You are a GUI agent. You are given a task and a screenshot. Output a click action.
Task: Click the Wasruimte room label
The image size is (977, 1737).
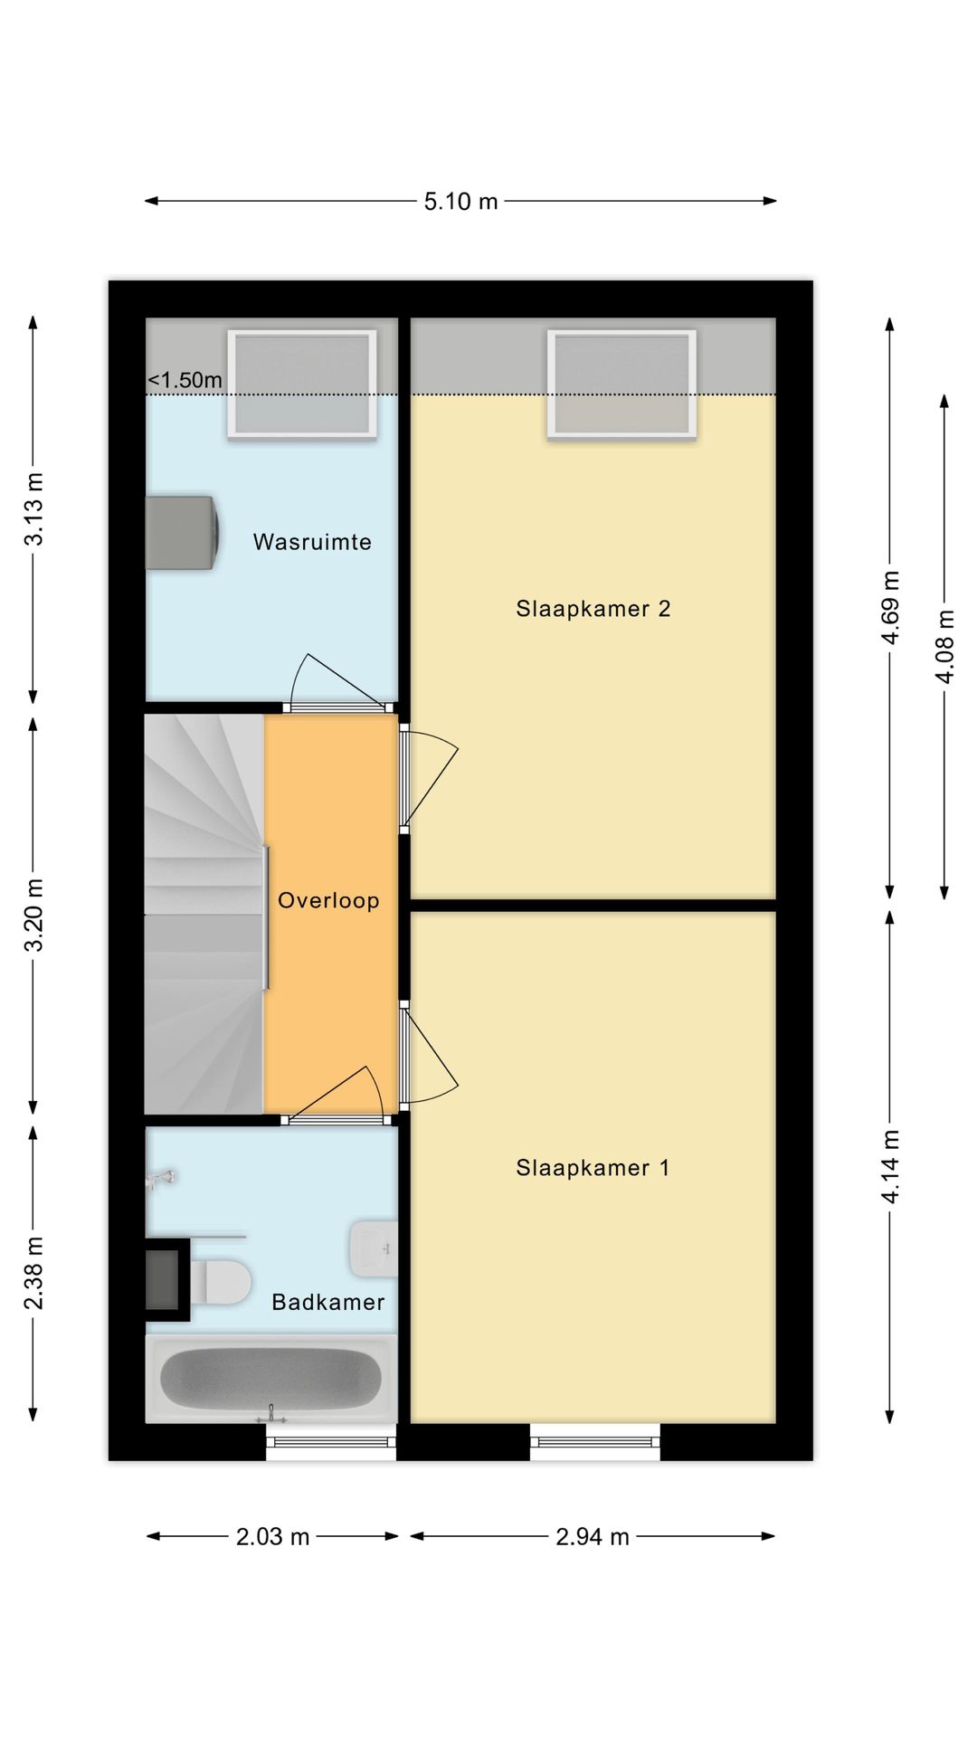pyautogui.click(x=312, y=542)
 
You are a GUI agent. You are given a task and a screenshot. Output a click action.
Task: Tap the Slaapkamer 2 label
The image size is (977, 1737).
pyautogui.click(x=593, y=609)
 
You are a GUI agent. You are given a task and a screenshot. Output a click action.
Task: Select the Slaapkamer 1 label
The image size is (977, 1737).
pyautogui.click(x=593, y=1168)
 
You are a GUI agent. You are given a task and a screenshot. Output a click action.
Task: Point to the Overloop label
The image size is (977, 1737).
pyautogui.click(x=328, y=900)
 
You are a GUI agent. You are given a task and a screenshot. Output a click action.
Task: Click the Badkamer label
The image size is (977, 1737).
pyautogui.click(x=328, y=1302)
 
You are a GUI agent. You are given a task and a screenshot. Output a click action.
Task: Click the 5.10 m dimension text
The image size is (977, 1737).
pyautogui.click(x=460, y=201)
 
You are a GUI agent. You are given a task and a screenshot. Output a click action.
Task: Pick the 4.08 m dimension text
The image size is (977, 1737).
pyautogui.click(x=944, y=646)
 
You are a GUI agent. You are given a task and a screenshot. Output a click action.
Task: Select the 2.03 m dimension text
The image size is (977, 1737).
pyautogui.click(x=272, y=1536)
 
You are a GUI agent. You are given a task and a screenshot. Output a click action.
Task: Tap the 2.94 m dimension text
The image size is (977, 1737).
pyautogui.click(x=592, y=1536)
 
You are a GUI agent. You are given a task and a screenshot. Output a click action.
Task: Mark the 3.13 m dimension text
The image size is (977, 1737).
pyautogui.click(x=33, y=508)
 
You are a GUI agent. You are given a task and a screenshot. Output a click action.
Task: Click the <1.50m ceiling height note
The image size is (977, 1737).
pyautogui.click(x=185, y=380)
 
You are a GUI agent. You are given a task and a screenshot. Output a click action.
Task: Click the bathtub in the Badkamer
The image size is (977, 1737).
pyautogui.click(x=270, y=1378)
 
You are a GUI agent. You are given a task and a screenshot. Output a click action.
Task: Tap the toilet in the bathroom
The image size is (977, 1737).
pyautogui.click(x=222, y=1282)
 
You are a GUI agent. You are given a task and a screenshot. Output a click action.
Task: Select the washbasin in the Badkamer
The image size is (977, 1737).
pyautogui.click(x=374, y=1248)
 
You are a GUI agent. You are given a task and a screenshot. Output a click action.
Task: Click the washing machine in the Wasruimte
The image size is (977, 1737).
pyautogui.click(x=181, y=533)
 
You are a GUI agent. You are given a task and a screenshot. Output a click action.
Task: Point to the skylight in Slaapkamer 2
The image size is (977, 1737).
pyautogui.click(x=621, y=384)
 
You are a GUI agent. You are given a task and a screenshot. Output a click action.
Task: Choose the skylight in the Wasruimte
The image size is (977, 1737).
pyautogui.click(x=302, y=384)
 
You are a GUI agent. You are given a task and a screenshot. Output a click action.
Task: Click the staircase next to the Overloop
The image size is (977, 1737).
pyautogui.click(x=204, y=914)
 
